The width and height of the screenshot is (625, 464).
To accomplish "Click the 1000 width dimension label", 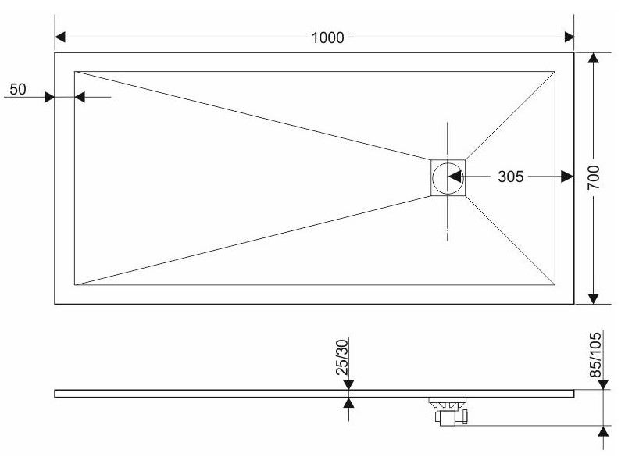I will [x=327, y=37].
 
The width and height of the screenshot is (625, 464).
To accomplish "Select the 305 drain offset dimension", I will [x=510, y=177].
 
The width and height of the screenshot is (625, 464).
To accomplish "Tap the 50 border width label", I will [x=17, y=90].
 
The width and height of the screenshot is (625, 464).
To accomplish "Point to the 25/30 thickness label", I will [x=341, y=359].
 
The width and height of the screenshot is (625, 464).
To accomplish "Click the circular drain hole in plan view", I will [x=448, y=177].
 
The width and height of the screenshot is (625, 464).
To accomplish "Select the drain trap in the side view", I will [x=448, y=412].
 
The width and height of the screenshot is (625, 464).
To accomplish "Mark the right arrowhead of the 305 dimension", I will [x=568, y=177].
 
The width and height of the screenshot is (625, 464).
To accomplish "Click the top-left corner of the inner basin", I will [x=75, y=72].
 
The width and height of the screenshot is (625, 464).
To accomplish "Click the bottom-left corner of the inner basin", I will [x=75, y=284].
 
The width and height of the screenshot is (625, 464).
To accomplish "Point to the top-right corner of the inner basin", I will [x=555, y=72].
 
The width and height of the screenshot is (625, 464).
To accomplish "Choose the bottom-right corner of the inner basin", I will [x=555, y=284].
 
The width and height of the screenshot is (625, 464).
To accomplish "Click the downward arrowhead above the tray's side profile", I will [x=348, y=384].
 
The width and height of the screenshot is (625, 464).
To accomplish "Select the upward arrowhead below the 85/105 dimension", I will [x=603, y=431].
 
